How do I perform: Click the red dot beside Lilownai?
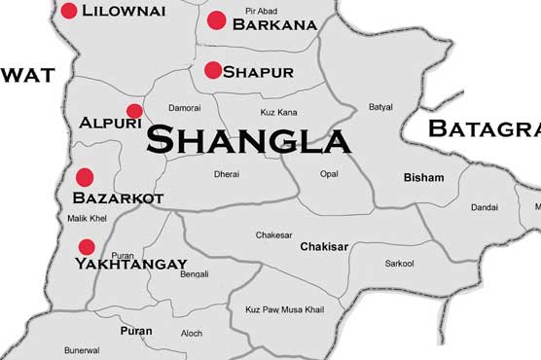[x=69, y=11]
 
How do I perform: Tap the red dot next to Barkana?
[x=217, y=19]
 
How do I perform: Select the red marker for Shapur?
[x=212, y=70]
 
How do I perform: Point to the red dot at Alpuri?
[x=134, y=111]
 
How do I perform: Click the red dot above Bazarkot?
[x=85, y=177]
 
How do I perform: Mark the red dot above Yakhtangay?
[x=87, y=247]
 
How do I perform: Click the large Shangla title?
[x=248, y=140]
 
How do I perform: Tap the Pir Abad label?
[x=261, y=10]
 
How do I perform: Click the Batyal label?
[x=380, y=107]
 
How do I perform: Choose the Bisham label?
[x=423, y=178]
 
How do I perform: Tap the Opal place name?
[x=329, y=174]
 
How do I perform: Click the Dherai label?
[x=226, y=175]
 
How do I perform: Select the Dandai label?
[x=485, y=207]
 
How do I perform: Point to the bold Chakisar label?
[x=324, y=246]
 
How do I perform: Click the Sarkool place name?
[x=399, y=264]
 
